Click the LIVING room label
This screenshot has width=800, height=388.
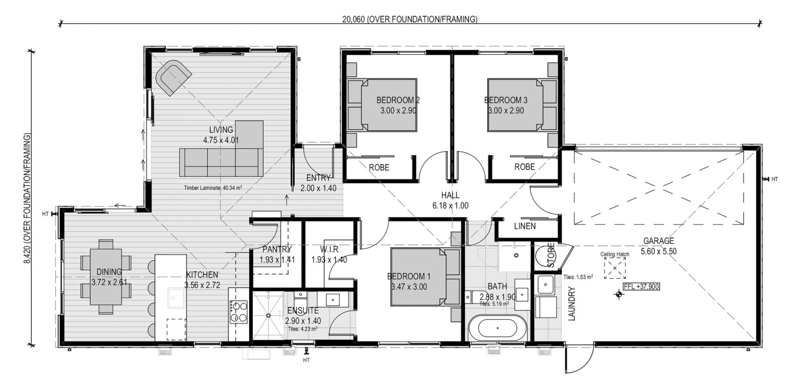[x=221, y=130]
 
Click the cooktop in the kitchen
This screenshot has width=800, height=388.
[x=238, y=312]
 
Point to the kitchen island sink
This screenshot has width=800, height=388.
[x=176, y=298]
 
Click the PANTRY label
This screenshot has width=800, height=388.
[x=277, y=249]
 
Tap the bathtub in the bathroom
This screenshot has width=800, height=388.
[x=497, y=328]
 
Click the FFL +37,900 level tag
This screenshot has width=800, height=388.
[x=642, y=287]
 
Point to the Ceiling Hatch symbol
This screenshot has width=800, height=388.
[x=615, y=268]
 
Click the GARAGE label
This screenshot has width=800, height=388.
[x=658, y=241]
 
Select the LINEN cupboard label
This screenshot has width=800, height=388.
[x=525, y=226]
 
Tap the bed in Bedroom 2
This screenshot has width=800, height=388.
[x=389, y=105]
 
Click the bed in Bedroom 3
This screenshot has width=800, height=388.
[x=515, y=105]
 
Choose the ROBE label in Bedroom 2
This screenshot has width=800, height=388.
[x=379, y=168]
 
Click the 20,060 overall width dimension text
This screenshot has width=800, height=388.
[x=410, y=19]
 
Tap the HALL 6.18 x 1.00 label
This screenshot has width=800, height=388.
[x=450, y=200]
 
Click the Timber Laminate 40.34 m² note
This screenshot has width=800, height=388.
[x=213, y=188]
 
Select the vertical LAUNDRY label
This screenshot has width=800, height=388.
[x=572, y=304]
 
